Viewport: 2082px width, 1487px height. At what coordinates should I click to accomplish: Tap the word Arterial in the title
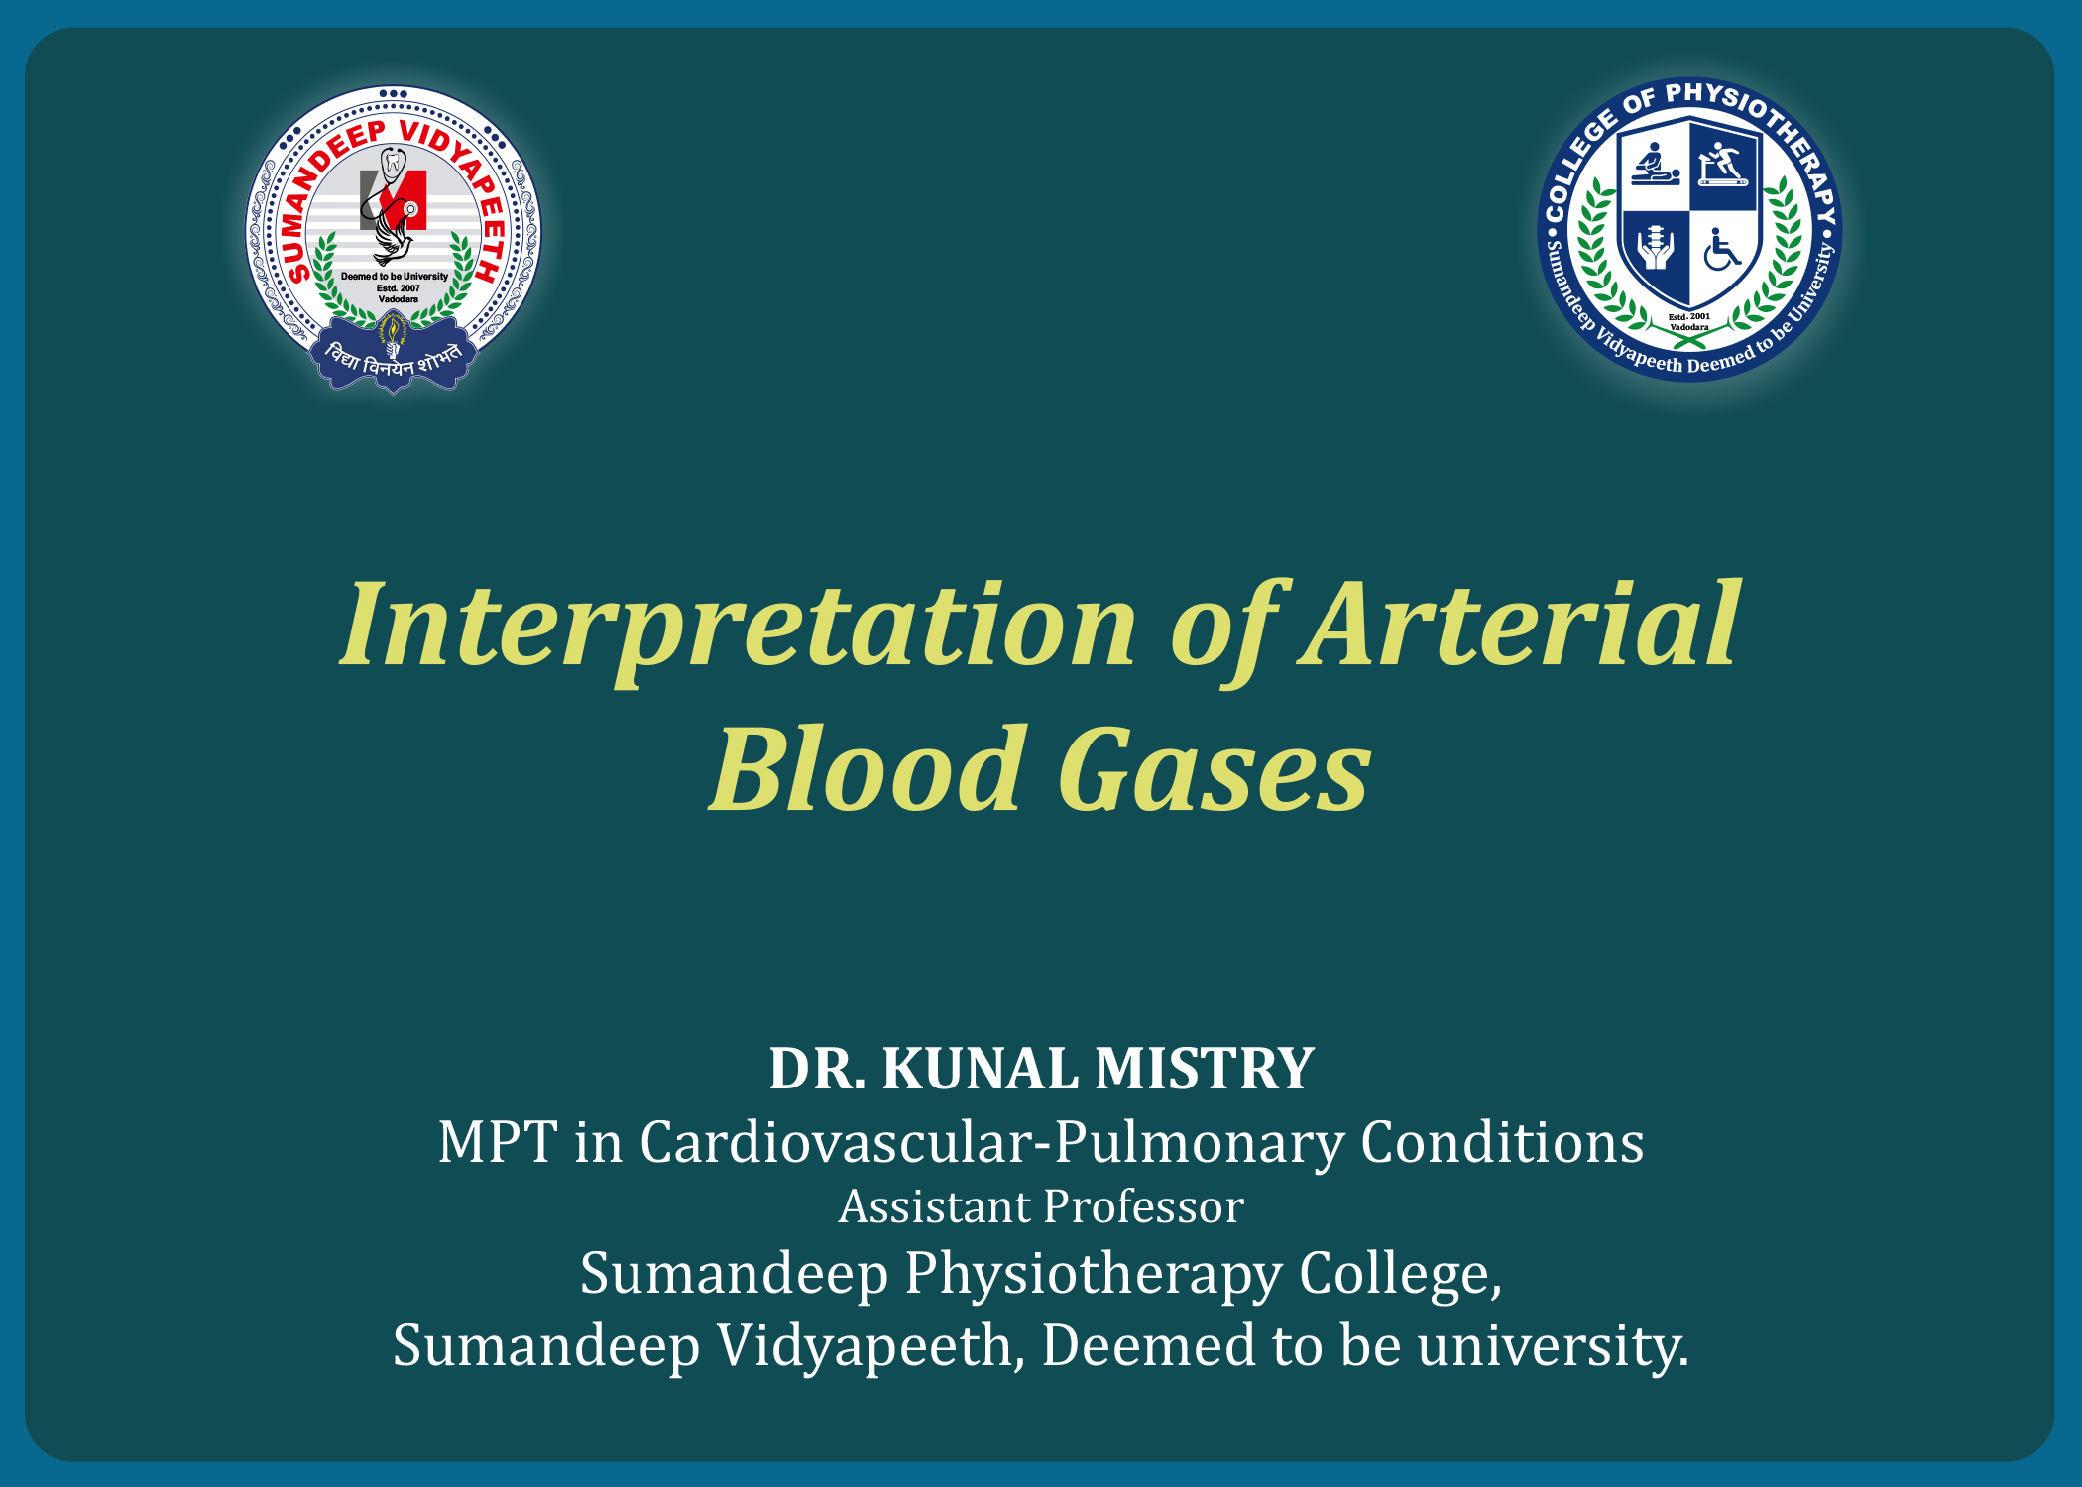coord(1522,623)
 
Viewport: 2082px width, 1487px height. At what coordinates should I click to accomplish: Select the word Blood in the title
coord(865,768)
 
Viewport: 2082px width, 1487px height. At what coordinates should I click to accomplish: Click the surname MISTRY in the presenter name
coord(1205,1069)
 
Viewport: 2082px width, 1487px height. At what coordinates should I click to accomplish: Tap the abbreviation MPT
coord(498,1142)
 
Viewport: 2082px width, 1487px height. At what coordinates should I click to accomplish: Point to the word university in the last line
coord(1554,1347)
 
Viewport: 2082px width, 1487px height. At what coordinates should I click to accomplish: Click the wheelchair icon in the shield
coord(1722,250)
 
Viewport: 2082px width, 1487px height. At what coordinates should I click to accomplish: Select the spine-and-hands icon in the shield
coord(1655,247)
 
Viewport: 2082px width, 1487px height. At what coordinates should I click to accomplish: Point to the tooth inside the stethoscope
coord(394,162)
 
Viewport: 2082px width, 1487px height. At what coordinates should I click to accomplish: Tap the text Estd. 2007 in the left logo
coord(398,288)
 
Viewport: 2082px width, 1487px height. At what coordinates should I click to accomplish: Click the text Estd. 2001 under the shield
coord(1689,317)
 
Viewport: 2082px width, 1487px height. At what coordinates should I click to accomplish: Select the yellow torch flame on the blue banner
coord(394,328)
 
